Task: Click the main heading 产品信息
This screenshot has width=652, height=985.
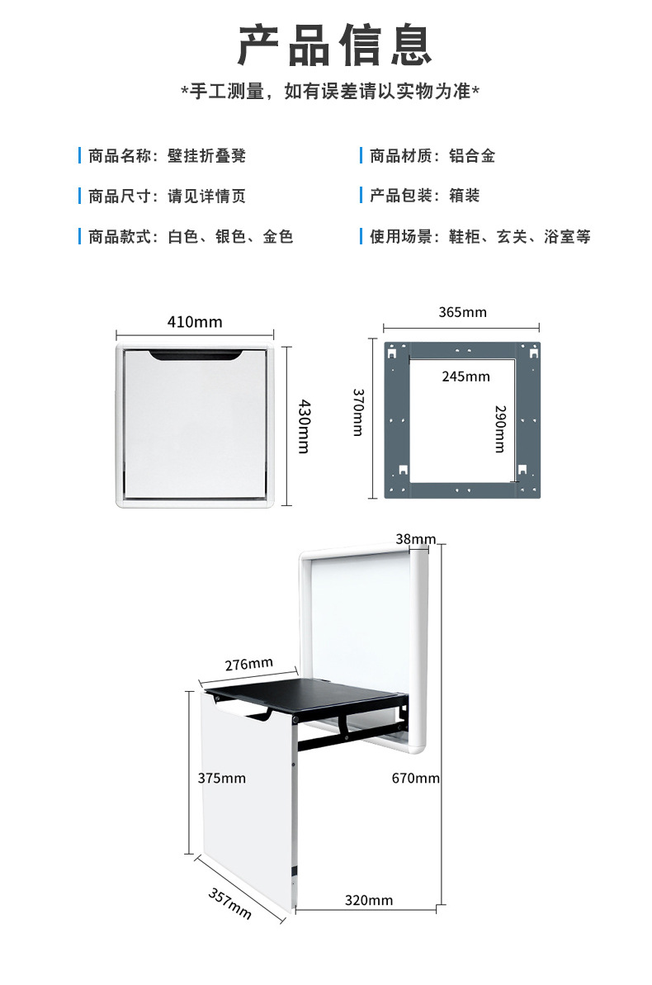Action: tap(335, 45)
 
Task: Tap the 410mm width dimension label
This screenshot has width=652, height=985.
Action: tap(195, 322)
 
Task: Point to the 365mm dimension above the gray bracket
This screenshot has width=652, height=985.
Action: tap(462, 312)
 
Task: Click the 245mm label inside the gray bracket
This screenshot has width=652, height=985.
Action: tap(465, 376)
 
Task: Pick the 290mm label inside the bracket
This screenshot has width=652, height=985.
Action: tap(499, 429)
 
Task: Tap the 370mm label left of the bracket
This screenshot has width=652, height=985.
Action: tap(358, 413)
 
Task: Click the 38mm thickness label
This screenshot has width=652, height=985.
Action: tap(415, 539)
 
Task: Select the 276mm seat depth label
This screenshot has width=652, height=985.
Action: tap(249, 664)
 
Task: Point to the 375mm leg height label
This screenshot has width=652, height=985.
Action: tap(222, 778)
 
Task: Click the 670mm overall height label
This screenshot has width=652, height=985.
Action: tap(415, 778)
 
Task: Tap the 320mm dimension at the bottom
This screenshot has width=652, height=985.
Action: tap(369, 900)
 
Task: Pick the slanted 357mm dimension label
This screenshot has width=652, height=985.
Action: tap(230, 903)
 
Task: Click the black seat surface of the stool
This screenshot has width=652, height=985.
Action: tap(305, 692)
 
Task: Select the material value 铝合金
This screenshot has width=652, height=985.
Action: tap(472, 156)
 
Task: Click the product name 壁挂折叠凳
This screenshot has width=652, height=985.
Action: tap(207, 156)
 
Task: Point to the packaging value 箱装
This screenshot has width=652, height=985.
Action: tap(464, 197)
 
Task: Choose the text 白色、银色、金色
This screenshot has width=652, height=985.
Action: tap(230, 237)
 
